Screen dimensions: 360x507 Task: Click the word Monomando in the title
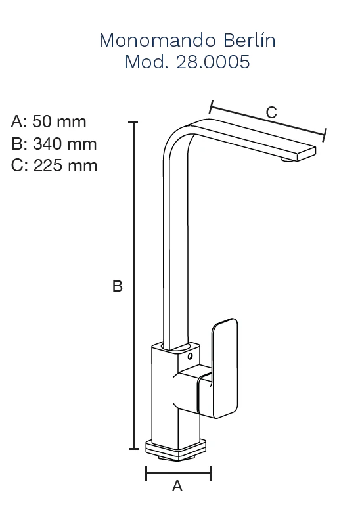click(158, 41)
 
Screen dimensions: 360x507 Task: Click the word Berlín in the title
click(250, 40)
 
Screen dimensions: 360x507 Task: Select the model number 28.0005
click(213, 62)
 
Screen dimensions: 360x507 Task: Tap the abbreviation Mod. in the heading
click(146, 62)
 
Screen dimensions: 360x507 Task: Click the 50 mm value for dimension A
click(59, 122)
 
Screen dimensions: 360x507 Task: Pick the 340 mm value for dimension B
click(64, 144)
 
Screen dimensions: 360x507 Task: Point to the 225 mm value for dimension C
click(65, 166)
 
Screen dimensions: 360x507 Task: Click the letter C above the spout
click(271, 112)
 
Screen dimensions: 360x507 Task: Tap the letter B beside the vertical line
click(118, 286)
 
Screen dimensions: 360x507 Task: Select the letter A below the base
click(177, 486)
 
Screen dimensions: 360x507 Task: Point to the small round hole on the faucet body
click(190, 357)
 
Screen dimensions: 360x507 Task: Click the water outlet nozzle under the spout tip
click(286, 159)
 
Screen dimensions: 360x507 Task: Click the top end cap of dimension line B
click(133, 122)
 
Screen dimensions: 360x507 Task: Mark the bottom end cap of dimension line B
click(133, 449)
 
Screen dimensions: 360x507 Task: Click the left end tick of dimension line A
click(146, 474)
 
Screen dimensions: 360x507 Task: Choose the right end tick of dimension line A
click(211, 474)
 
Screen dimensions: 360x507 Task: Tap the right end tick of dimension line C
click(325, 135)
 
